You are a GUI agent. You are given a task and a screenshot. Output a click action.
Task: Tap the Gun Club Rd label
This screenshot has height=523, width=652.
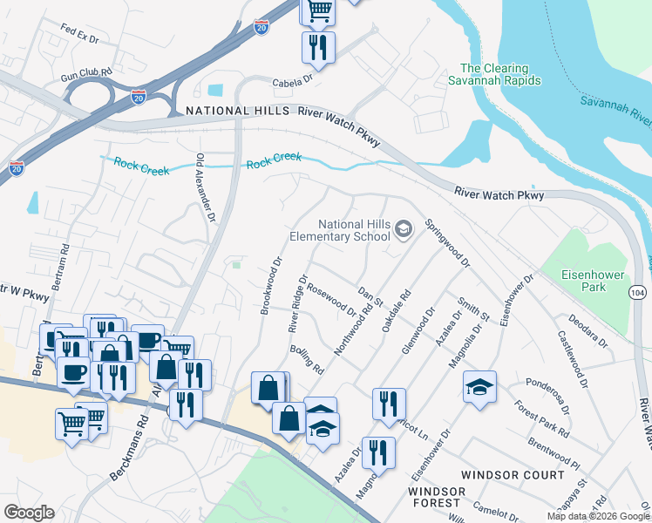(87, 74)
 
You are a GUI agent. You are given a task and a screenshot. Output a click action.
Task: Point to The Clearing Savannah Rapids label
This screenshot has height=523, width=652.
(500, 74)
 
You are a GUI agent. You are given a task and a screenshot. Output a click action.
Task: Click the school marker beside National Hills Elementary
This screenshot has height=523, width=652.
(403, 229)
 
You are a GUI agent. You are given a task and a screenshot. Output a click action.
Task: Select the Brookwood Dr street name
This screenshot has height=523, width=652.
(269, 284)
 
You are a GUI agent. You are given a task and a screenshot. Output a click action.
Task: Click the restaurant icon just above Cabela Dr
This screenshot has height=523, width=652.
(318, 46)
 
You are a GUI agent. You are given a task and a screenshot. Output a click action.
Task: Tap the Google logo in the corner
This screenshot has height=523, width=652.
(28, 513)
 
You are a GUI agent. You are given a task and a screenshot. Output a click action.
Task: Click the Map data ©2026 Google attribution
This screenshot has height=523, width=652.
(597, 516)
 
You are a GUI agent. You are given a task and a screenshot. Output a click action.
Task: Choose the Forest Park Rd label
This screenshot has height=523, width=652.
(541, 419)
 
